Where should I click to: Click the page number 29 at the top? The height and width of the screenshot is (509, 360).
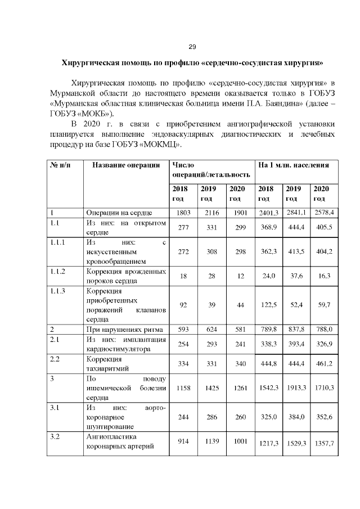[191, 46]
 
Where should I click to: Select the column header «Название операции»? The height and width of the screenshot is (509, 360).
[123, 165]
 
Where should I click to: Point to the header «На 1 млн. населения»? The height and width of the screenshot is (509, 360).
[294, 165]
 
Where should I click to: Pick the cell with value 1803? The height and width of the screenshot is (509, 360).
[183, 213]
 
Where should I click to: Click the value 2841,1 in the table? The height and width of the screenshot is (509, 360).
[295, 213]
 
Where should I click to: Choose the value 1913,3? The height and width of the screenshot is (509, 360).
[295, 388]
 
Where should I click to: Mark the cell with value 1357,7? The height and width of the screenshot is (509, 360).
[324, 444]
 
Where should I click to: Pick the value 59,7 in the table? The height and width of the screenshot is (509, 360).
[324, 305]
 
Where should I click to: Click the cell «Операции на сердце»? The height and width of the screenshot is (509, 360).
[119, 213]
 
